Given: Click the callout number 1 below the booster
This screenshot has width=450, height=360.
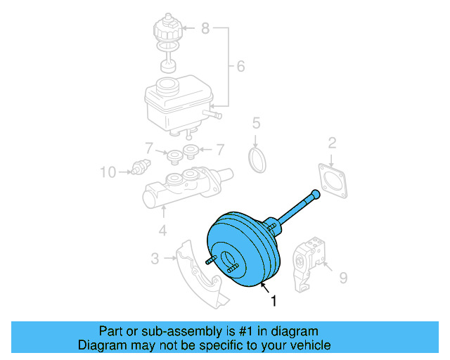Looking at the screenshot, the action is coord(274,301).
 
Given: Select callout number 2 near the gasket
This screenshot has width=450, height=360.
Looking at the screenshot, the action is coord(332,144).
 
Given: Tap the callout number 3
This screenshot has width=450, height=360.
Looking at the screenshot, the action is coord(155,259).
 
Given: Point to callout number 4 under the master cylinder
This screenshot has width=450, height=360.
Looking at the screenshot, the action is coord(162,230).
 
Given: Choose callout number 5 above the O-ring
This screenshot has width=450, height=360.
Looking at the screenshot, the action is coord(257,124).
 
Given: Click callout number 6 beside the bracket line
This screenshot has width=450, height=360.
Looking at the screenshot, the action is coord(240,67).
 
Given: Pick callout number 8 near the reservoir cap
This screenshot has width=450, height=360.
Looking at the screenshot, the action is coord(205,29).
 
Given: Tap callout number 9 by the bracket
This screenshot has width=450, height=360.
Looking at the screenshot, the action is coord(343,278).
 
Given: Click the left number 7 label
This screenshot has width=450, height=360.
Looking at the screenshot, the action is coord(148,149).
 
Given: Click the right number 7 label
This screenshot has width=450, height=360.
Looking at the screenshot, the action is coord(219,149).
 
